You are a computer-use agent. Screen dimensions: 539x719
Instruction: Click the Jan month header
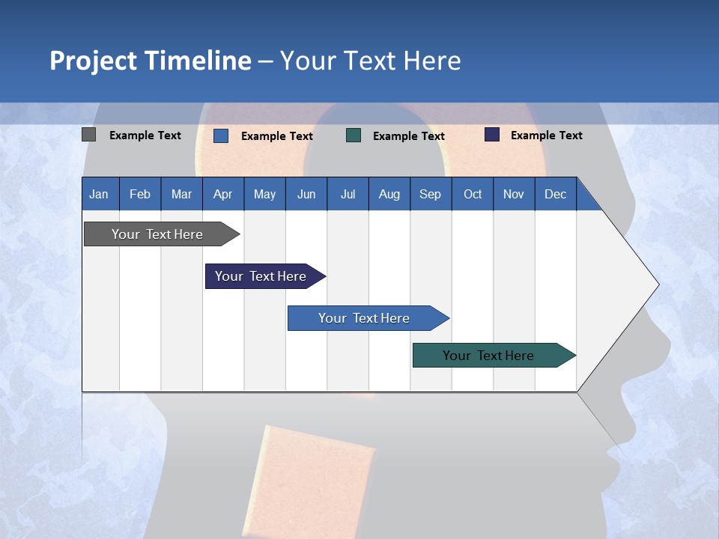(99, 195)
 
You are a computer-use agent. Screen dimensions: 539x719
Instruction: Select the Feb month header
(140, 195)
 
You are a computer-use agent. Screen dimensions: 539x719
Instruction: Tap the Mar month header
(181, 195)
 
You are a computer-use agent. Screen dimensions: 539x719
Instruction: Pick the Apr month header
(222, 195)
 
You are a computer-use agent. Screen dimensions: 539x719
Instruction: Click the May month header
(264, 195)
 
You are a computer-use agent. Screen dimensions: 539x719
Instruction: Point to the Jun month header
(306, 195)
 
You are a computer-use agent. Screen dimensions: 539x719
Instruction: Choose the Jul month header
(348, 195)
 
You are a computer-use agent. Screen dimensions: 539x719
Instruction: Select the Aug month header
(389, 195)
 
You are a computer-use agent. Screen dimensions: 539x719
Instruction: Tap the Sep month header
(431, 195)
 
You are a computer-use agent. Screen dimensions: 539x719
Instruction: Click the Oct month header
(473, 195)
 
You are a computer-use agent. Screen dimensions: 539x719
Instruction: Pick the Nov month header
(514, 195)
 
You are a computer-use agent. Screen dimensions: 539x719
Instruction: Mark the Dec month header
(556, 195)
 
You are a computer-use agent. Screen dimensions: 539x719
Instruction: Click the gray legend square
(89, 135)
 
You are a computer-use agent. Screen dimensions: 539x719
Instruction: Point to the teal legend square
(354, 135)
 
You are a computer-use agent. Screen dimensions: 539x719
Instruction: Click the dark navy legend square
(492, 135)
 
